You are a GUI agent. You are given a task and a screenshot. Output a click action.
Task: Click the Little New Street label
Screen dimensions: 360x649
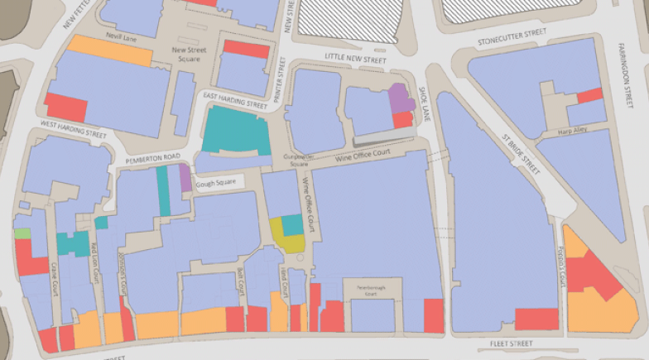[x=355, y=60]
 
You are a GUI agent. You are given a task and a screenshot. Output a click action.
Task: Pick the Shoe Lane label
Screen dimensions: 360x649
[x=423, y=98]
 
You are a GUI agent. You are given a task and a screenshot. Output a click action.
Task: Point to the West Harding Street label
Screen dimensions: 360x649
[x=74, y=130]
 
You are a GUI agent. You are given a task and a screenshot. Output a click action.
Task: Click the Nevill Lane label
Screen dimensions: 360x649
[x=119, y=38]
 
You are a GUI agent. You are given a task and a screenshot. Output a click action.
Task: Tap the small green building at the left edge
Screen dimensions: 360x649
[x=22, y=233]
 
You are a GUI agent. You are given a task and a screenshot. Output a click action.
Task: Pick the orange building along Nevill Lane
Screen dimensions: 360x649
[x=111, y=50]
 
